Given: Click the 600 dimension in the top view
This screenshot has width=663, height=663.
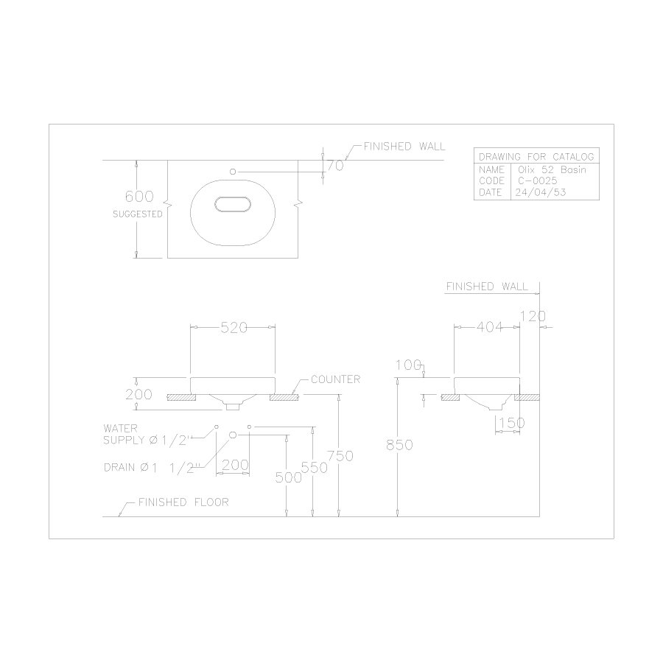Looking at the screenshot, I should click(x=138, y=197).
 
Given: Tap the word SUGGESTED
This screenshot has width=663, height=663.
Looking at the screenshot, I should click(x=138, y=214).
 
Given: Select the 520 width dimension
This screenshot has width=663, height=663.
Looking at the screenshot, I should click(x=234, y=329).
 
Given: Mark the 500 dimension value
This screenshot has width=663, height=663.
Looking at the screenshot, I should click(x=289, y=477).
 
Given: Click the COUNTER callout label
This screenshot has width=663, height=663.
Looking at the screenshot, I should click(x=335, y=379).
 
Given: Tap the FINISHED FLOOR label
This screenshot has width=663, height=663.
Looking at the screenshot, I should click(x=183, y=502).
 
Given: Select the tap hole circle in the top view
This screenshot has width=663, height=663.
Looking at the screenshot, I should click(x=234, y=171).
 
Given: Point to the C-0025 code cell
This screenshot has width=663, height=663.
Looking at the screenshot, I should click(x=531, y=180).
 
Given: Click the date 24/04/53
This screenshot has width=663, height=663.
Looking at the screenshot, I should click(x=537, y=192).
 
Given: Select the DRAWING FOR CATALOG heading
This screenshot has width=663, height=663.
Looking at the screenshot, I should click(x=536, y=157).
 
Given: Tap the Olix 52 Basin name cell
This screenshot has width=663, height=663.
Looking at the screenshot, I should click(x=547, y=169).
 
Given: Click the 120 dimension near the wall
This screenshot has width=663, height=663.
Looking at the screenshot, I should click(x=532, y=317).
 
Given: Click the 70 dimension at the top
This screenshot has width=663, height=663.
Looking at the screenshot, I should click(x=335, y=166).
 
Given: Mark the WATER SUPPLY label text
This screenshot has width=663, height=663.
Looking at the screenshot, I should click(x=147, y=433).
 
